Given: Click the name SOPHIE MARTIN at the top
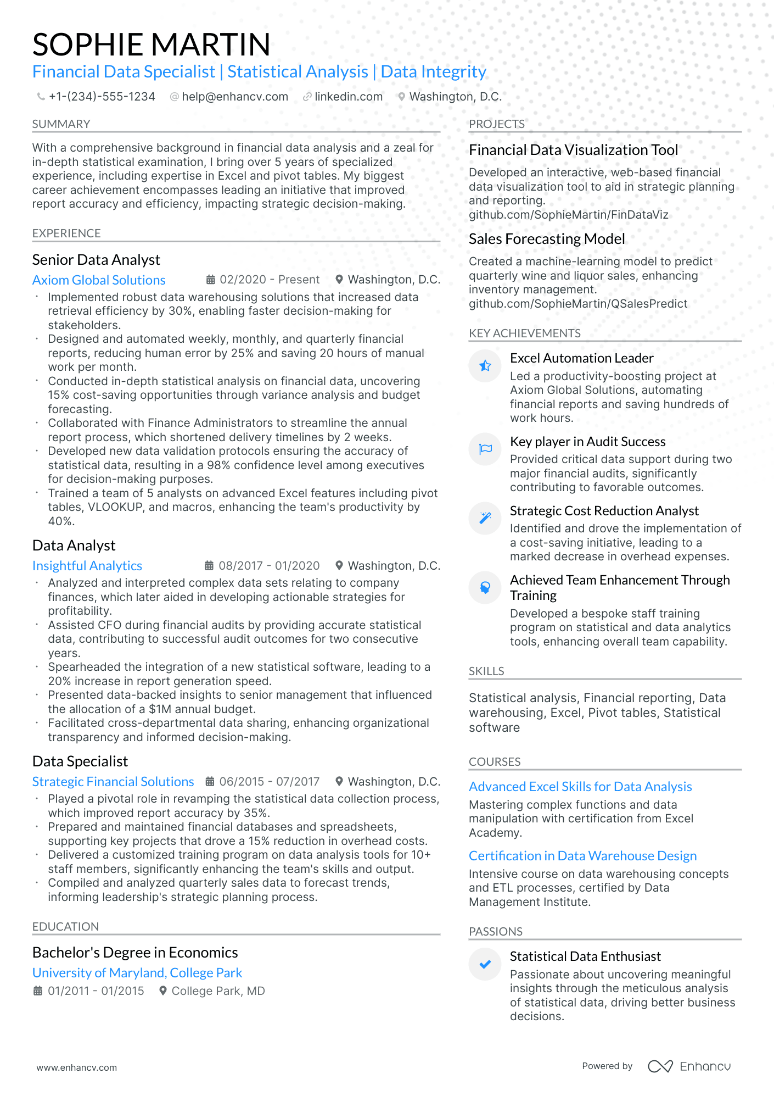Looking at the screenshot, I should tap(151, 44).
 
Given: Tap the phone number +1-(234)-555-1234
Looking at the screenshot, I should tap(102, 97).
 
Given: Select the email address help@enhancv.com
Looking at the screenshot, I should tap(234, 97).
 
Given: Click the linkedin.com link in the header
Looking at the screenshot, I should tap(348, 97).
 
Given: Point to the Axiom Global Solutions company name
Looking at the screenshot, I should tap(99, 280).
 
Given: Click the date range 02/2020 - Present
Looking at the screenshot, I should tap(269, 280).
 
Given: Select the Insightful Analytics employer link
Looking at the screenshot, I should tap(87, 566).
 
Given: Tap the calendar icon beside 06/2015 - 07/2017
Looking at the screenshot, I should tap(210, 781).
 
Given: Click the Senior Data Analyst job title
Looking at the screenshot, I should tap(96, 260).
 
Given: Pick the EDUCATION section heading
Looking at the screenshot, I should tap(65, 927).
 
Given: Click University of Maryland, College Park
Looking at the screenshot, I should tap(137, 973).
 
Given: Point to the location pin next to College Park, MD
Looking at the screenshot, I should tap(163, 991).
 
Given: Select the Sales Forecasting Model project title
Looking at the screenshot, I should tap(547, 239).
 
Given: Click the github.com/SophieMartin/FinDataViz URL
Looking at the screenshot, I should tap(568, 215).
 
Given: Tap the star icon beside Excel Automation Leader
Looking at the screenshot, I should tap(485, 366).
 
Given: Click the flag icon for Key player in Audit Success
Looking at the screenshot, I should tap(485, 449).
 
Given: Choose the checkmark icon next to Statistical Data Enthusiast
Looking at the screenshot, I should tap(485, 964).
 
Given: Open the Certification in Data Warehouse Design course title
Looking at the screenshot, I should tap(582, 856).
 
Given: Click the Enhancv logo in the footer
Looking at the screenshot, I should tap(689, 1066).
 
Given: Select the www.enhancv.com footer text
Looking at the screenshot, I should tap(77, 1067).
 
